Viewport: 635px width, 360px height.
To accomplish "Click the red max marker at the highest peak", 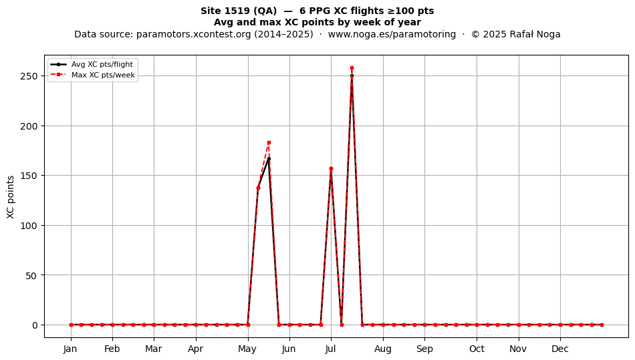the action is pos(352,68).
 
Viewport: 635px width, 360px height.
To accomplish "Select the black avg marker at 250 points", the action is pos(352,76).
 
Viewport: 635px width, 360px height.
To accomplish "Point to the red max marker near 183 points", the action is pos(269,143).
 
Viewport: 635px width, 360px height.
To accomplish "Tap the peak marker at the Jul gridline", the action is pos(331,169).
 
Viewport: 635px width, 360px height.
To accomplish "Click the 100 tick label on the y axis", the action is pos(29,226).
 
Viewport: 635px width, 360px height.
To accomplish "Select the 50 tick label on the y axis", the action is pos(31,275).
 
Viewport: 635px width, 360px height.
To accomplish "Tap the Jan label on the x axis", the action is pos(70,349).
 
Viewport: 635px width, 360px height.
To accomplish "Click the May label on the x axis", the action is pos(247,349).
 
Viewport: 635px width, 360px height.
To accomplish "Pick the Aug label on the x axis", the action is pos(383,349).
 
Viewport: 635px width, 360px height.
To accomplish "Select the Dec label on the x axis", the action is pos(560,349).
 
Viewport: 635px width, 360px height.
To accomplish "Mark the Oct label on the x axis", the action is pos(477,349).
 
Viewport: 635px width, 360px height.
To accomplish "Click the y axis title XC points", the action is pos(11,197).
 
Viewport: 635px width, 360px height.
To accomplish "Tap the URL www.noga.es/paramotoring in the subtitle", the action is pos(392,34).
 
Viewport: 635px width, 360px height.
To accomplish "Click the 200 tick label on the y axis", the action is pos(29,126).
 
